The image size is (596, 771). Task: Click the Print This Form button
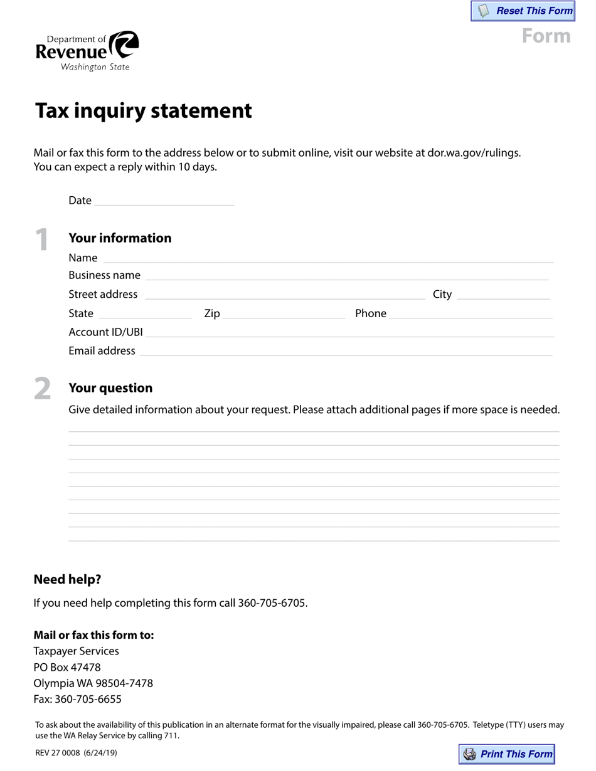[x=507, y=754]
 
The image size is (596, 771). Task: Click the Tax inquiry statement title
[x=143, y=110]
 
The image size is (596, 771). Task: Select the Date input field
[x=164, y=200]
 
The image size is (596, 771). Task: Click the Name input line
[x=328, y=257]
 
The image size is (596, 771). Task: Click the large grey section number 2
[x=42, y=389]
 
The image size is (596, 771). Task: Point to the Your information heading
[x=120, y=238]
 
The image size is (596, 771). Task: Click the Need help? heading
[x=67, y=579]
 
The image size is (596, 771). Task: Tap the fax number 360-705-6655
[x=88, y=699]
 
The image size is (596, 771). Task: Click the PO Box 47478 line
[x=67, y=667]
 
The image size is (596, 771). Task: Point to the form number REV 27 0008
[x=58, y=753]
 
